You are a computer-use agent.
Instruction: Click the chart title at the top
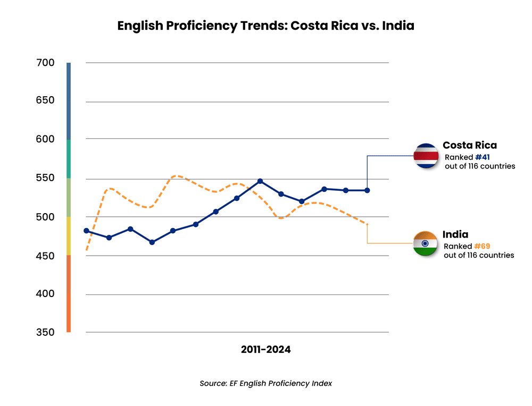[265, 26]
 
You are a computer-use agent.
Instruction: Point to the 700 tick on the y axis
[46, 63]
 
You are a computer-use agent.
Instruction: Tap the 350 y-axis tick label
[46, 332]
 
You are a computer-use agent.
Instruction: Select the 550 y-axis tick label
[46, 177]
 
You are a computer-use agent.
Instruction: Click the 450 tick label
[46, 256]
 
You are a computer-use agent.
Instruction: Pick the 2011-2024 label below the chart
[266, 350]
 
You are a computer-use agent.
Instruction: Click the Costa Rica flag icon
[426, 156]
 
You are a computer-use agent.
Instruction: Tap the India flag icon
[426, 244]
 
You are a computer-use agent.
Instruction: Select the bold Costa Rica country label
[470, 145]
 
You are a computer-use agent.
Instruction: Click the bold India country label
[455, 234]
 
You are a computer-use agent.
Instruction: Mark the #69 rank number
[482, 247]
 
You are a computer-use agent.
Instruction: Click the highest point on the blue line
[260, 181]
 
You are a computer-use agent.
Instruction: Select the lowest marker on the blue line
[152, 242]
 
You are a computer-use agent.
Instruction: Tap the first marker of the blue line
[86, 231]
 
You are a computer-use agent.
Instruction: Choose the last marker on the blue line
[367, 190]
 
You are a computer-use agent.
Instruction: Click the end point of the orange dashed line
[367, 224]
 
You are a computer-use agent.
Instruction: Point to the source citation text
[266, 383]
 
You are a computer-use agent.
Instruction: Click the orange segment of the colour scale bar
[69, 293]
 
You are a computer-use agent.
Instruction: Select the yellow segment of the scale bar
[69, 236]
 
